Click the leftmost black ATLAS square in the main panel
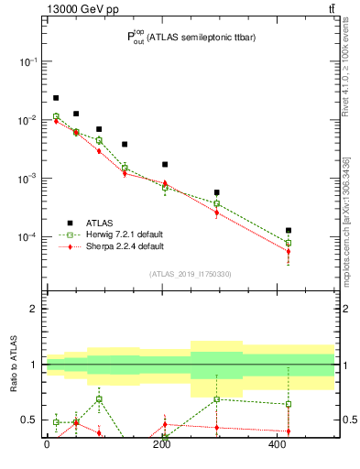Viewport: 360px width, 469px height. tap(56, 98)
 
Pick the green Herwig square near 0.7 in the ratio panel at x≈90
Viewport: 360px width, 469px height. tap(99, 399)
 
